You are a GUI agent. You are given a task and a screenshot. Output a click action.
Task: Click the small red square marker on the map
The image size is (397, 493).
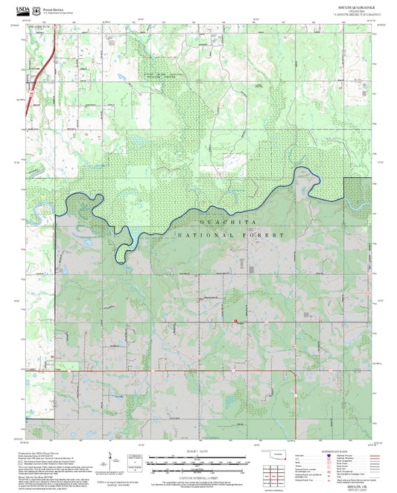tap(236, 322)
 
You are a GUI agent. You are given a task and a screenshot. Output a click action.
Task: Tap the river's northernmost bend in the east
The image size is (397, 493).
tap(305, 171)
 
